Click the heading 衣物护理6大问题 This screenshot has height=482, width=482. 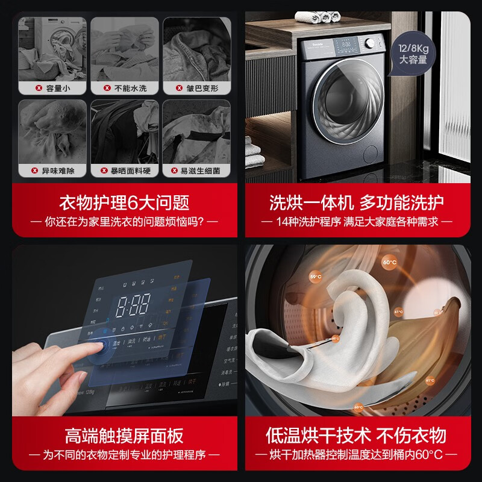pyautogui.click(x=124, y=201)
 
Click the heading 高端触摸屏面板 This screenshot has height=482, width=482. pyautogui.click(x=124, y=435)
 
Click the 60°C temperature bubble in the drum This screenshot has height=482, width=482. pyautogui.click(x=390, y=263)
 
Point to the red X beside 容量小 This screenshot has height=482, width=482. pyautogui.click(x=39, y=89)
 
